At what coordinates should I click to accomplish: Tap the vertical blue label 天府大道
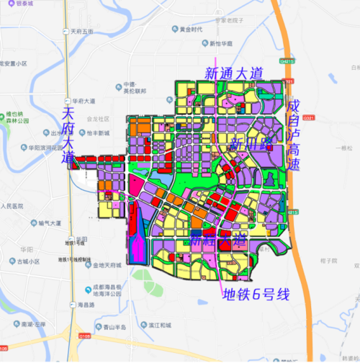[x=68, y=135]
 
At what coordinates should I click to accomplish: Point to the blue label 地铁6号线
[x=256, y=295]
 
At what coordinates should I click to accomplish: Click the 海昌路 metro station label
[x=87, y=305]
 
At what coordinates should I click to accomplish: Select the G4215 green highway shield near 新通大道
[x=289, y=62]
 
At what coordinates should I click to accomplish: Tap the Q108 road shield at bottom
[x=84, y=335]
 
